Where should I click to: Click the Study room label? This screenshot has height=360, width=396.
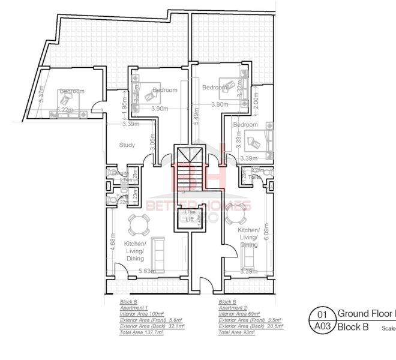tap(127, 145)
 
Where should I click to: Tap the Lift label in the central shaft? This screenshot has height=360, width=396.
tap(190, 220)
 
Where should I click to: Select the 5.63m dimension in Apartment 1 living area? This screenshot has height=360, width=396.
tap(148, 271)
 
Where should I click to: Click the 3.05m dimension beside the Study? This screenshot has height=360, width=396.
tap(152, 142)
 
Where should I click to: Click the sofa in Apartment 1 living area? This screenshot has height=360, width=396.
tap(160, 252)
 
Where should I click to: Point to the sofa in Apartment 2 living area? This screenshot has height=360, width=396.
tap(247, 257)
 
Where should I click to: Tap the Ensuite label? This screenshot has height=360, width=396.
tap(120, 173)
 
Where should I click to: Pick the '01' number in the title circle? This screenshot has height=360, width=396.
tap(322, 314)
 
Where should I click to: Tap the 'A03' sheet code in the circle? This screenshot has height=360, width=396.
tap(322, 327)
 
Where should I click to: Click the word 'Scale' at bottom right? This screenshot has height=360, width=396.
tap(388, 328)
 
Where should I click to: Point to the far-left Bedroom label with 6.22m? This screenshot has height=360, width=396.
tap(71, 91)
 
